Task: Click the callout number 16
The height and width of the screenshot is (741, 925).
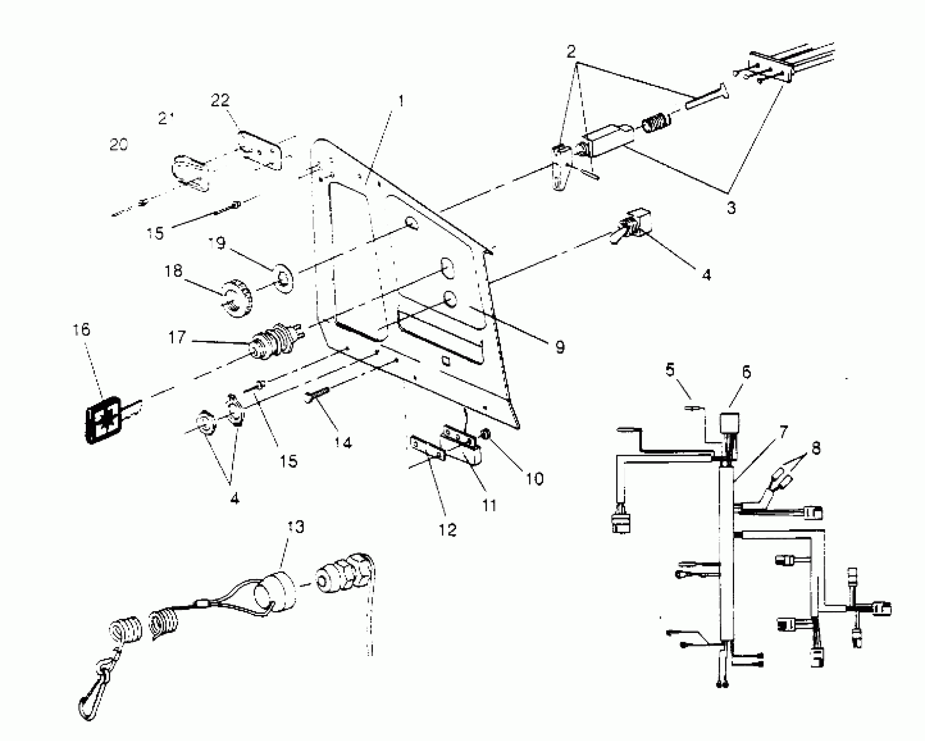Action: click(81, 330)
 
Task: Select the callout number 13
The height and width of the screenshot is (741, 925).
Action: click(296, 527)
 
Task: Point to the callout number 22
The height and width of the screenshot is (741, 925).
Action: click(220, 100)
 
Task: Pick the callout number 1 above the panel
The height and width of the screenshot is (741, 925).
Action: click(401, 101)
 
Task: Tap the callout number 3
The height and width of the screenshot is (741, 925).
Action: click(732, 208)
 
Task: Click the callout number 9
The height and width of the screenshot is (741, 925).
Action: click(560, 347)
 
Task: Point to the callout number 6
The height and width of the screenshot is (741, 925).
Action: click(746, 372)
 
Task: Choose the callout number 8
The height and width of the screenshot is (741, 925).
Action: click(816, 447)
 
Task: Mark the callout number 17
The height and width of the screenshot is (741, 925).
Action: click(177, 337)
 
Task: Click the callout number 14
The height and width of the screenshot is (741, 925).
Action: click(343, 443)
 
